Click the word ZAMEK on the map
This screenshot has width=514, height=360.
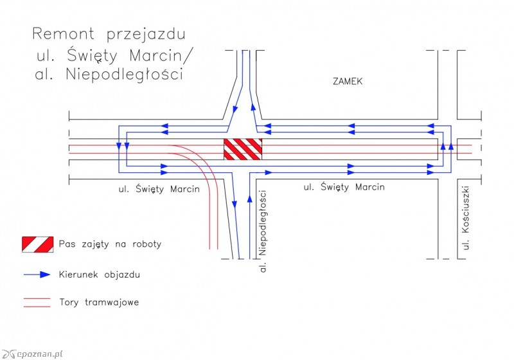348,82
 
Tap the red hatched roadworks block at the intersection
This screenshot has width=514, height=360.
243,148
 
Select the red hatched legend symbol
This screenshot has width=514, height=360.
37,244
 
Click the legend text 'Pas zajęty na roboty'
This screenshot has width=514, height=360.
110,244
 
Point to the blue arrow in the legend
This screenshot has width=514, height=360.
37,274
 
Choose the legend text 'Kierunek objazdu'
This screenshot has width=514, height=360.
99,274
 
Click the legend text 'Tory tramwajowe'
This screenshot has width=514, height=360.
98,302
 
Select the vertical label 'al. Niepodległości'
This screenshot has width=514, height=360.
263,231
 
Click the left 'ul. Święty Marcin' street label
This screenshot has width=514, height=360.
159,189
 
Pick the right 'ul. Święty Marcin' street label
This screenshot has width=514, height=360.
344,187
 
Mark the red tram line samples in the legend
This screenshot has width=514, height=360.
37,302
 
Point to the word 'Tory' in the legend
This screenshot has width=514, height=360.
69,302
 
